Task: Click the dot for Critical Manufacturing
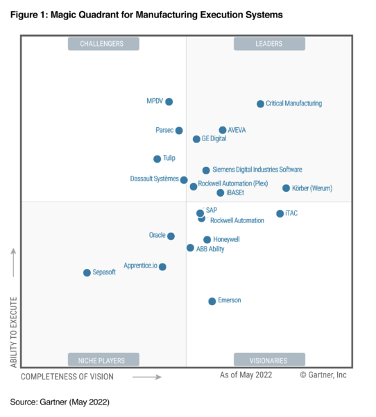260,104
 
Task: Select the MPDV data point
169,101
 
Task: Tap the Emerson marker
212,301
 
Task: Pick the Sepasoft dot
87,272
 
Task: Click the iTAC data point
280,213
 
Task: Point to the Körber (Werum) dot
286,188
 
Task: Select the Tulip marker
157,158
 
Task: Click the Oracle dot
171,236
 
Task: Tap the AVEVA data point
222,130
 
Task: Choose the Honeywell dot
207,240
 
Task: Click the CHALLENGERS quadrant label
103,44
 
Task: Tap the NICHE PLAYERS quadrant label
103,360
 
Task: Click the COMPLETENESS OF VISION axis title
67,376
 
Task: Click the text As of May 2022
246,375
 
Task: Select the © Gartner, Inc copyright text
323,375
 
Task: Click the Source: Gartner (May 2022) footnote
60,402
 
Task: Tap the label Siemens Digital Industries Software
257,170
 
